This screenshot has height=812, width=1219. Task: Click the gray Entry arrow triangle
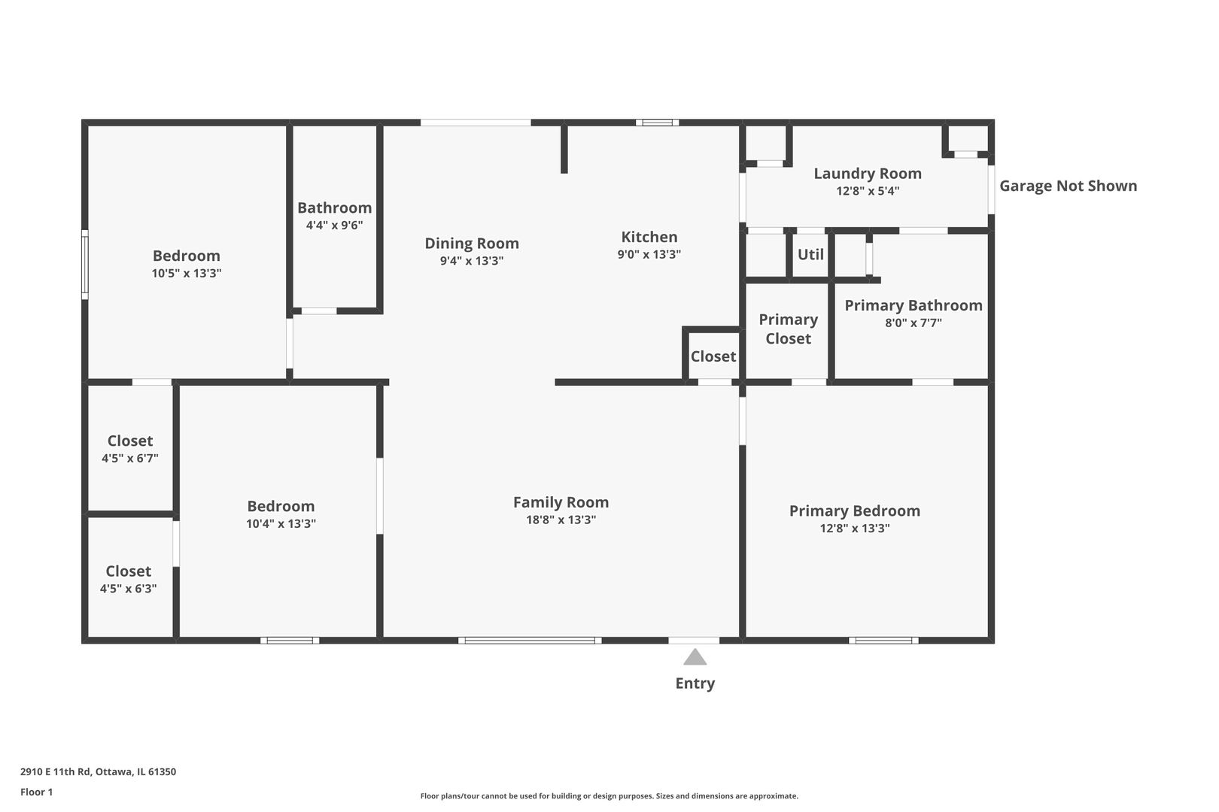pyautogui.click(x=695, y=657)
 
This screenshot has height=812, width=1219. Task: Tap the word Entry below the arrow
pyautogui.click(x=695, y=683)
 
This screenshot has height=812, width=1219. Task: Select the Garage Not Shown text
pyautogui.click(x=1069, y=186)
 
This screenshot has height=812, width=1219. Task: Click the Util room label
pyautogui.click(x=810, y=255)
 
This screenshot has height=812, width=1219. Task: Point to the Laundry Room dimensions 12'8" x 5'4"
pyautogui.click(x=868, y=191)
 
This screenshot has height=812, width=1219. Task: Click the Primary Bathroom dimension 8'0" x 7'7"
pyautogui.click(x=913, y=323)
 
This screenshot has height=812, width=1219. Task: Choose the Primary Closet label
pyautogui.click(x=788, y=329)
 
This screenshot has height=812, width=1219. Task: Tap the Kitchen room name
pyautogui.click(x=649, y=237)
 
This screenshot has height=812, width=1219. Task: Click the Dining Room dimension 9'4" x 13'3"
pyautogui.click(x=472, y=260)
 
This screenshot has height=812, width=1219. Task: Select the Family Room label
pyautogui.click(x=561, y=502)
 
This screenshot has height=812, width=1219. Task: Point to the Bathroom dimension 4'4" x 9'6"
pyautogui.click(x=334, y=225)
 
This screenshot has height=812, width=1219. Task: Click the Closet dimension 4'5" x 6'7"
pyautogui.click(x=130, y=458)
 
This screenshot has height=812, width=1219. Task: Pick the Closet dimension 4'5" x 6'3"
pyautogui.click(x=129, y=589)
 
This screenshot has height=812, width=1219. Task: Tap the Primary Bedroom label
pyautogui.click(x=855, y=511)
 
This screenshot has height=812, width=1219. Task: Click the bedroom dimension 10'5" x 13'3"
pyautogui.click(x=187, y=273)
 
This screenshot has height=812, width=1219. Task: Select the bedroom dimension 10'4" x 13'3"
pyautogui.click(x=281, y=523)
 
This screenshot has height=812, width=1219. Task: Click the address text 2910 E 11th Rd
pyautogui.click(x=55, y=771)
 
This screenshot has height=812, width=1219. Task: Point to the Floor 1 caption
pyautogui.click(x=36, y=792)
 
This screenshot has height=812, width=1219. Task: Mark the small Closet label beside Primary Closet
pyautogui.click(x=713, y=356)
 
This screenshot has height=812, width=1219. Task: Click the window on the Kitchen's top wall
pyautogui.click(x=658, y=123)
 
